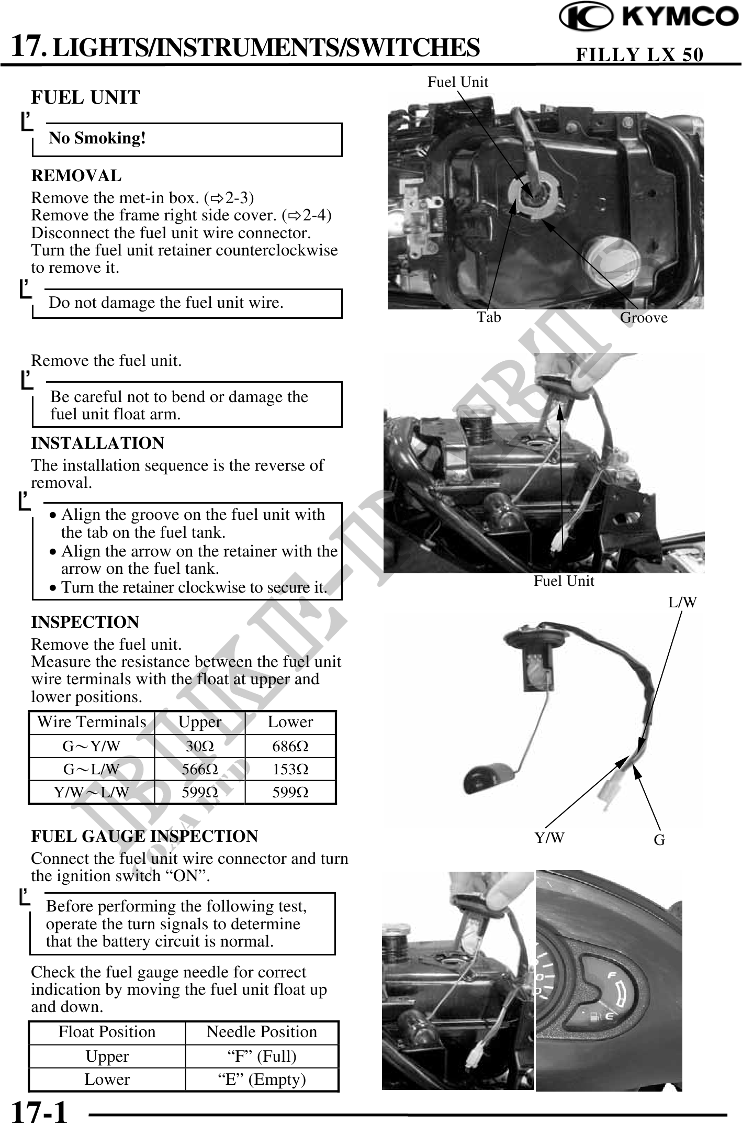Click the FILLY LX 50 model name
639,54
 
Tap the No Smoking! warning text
97,138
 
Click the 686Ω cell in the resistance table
290,746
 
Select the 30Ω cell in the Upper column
199,746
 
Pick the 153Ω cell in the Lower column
290,770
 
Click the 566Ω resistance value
199,770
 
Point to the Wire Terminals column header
92,722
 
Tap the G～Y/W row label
92,746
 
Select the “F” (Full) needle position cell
262,1057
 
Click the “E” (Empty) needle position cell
262,1080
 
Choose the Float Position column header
107,1032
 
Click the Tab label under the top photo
489,317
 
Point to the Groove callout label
644,318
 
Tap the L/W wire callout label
682,603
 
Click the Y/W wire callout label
549,838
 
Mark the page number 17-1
40,1110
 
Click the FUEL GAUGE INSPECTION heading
144,837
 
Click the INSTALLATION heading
98,443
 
